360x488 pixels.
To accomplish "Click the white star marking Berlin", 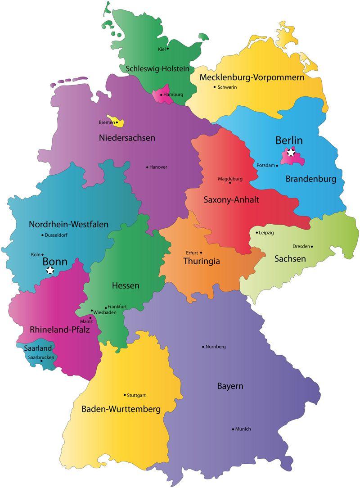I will (291, 153).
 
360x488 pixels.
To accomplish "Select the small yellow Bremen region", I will (120, 122).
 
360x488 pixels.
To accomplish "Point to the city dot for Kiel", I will (168, 49).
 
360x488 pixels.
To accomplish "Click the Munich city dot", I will (233, 429).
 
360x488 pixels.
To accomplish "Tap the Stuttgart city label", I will (136, 395).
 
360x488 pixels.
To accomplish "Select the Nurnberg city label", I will (216, 347).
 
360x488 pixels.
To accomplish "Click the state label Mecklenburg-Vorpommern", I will (252, 77).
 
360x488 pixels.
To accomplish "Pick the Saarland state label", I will (37, 348).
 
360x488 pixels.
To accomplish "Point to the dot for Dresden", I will (312, 246).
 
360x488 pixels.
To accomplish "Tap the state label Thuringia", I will (202, 261).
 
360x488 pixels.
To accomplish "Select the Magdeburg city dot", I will (230, 183).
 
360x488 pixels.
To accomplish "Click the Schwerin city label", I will (227, 87).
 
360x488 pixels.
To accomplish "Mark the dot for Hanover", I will (147, 167).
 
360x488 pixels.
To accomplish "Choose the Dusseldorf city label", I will (56, 235).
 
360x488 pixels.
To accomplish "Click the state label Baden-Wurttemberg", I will (121, 409).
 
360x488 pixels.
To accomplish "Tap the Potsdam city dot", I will (277, 166).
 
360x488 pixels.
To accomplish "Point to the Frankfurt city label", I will (117, 307).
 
